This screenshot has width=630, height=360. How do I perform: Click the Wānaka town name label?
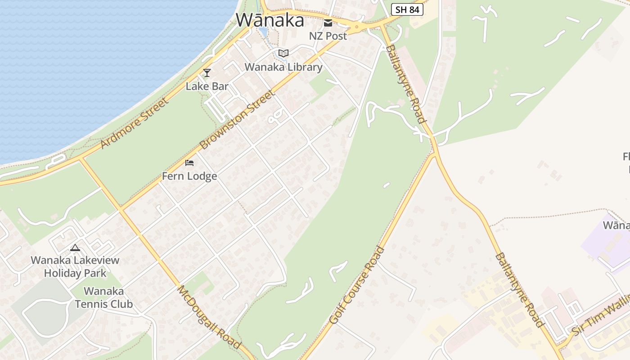click(270, 20)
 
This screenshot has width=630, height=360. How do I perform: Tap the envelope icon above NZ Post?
click(328, 23)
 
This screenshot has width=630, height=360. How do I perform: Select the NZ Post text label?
click(328, 36)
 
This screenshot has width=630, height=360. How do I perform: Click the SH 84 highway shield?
click(407, 9)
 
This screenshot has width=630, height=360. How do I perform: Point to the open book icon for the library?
click(283, 54)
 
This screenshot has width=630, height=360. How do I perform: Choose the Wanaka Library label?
click(283, 67)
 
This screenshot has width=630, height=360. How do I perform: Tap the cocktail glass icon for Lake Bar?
click(207, 72)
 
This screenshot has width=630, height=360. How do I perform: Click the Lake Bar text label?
click(207, 86)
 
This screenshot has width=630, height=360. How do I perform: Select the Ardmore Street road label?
click(135, 122)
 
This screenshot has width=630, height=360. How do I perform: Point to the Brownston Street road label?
click(237, 120)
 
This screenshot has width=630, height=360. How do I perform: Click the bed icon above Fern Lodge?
click(189, 162)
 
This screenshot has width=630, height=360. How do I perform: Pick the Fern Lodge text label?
click(189, 176)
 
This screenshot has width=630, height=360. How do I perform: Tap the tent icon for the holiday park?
click(75, 247)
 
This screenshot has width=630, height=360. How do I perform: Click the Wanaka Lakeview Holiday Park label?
click(75, 266)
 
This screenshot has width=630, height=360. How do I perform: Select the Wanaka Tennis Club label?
click(104, 297)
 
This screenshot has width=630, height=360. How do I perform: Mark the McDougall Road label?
click(209, 317)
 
